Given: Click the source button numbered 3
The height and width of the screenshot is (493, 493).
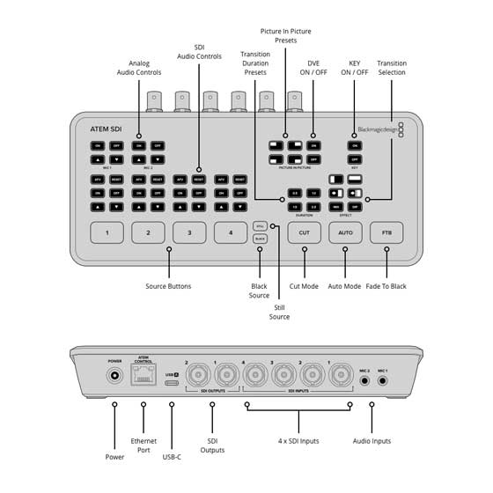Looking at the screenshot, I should pyautogui.click(x=189, y=233).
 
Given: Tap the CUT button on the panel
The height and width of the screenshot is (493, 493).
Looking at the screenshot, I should pyautogui.click(x=304, y=233).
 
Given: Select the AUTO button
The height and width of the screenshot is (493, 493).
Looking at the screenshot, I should pyautogui.click(x=345, y=233).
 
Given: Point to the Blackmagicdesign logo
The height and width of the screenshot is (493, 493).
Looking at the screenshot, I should pyautogui.click(x=377, y=129).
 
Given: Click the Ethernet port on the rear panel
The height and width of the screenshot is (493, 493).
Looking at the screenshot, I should pyautogui.click(x=143, y=376).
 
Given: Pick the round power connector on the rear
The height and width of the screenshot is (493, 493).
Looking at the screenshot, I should pyautogui.click(x=114, y=376).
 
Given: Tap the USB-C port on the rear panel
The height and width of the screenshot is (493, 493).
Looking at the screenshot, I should pyautogui.click(x=172, y=376).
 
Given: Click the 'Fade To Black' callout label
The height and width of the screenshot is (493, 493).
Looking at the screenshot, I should pyautogui.click(x=386, y=286).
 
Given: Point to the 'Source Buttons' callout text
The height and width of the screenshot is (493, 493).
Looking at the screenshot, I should pyautogui.click(x=168, y=286).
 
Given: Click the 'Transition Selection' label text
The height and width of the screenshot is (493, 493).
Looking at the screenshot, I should pyautogui.click(x=392, y=69).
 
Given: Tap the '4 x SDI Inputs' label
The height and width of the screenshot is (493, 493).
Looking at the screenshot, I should pyautogui.click(x=297, y=440).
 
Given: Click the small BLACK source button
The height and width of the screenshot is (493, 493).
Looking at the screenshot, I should pyautogui.click(x=260, y=239).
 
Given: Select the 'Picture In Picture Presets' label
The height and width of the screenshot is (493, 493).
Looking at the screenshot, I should pyautogui.click(x=285, y=37).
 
